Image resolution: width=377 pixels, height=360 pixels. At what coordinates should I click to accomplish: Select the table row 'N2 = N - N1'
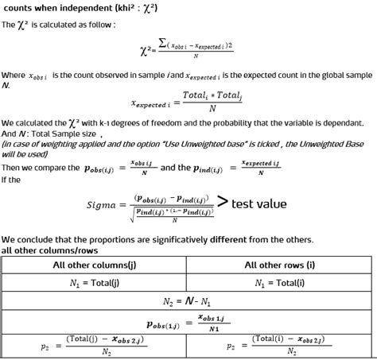(188, 301)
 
